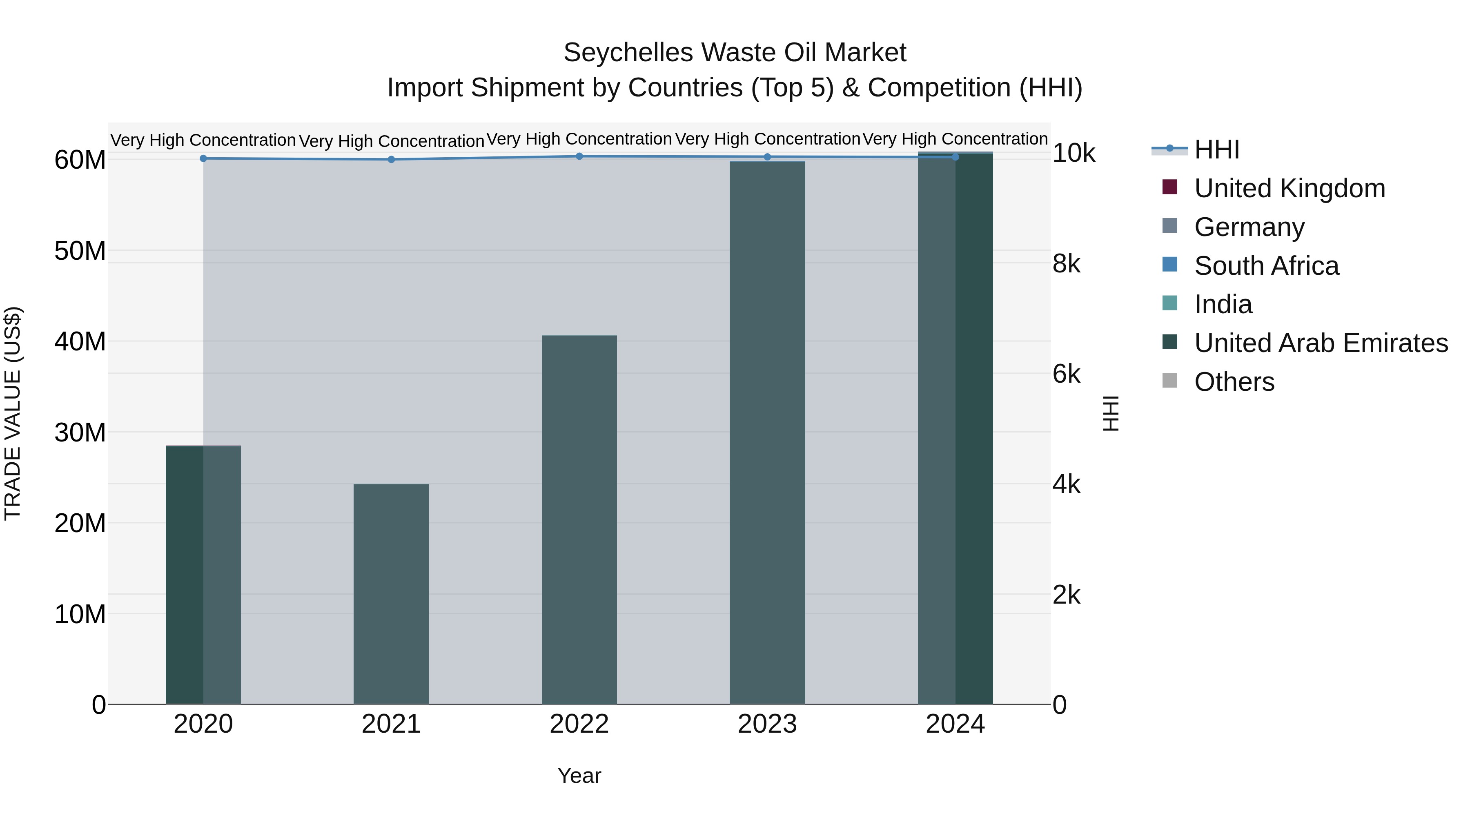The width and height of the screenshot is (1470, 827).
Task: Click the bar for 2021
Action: pyautogui.click(x=391, y=593)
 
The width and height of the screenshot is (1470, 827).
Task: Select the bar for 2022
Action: pyautogui.click(x=579, y=519)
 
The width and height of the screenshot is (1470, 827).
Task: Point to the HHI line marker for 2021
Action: pyautogui.click(x=391, y=160)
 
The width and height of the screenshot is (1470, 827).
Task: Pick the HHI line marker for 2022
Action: pyautogui.click(x=579, y=156)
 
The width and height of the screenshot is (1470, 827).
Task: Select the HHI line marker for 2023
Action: pyautogui.click(x=767, y=157)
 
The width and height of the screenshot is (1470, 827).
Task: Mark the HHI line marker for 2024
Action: pyautogui.click(x=955, y=157)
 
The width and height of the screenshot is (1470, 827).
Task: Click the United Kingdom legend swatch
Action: pyautogui.click(x=1169, y=187)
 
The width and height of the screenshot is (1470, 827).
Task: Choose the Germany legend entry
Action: pyautogui.click(x=1249, y=227)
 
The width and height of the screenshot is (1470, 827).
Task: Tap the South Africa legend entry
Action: pyautogui.click(x=1266, y=266)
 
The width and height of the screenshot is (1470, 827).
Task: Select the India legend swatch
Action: pyautogui.click(x=1169, y=303)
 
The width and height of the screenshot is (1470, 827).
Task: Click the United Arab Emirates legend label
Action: pyautogui.click(x=1321, y=343)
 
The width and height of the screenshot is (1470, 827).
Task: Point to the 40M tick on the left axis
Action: pyautogui.click(x=80, y=342)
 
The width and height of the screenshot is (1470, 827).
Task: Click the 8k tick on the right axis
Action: pyautogui.click(x=1066, y=264)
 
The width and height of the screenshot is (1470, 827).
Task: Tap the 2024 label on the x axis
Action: pyautogui.click(x=955, y=724)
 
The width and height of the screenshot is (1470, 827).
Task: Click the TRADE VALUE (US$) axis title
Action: pyautogui.click(x=13, y=413)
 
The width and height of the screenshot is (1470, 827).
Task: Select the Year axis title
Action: pyautogui.click(x=579, y=776)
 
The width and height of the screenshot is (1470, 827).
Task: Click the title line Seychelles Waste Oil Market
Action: pyautogui.click(x=735, y=53)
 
